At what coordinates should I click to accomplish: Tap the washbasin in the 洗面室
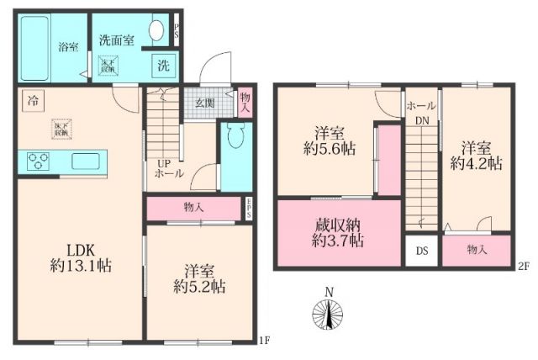point(157,31)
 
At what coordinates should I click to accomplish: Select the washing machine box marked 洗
point(162,66)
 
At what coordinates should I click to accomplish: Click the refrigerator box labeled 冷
point(31,99)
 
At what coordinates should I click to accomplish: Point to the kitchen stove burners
point(39,160)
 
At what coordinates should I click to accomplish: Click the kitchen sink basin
point(87,160)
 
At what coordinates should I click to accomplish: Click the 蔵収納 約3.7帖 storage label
point(334,232)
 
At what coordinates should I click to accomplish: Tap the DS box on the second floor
point(421,251)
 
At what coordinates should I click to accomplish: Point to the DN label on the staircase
point(421,120)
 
